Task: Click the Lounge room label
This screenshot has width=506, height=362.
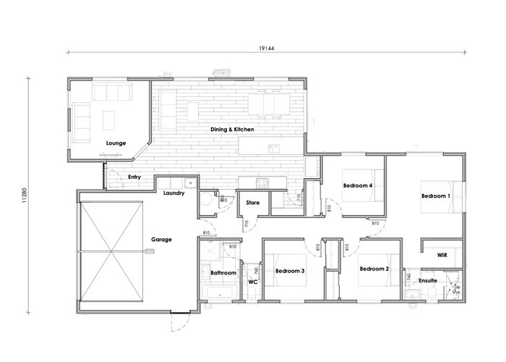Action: coord(116,143)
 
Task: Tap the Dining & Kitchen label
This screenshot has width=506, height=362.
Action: coord(232,130)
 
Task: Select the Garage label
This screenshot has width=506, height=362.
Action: coord(161,239)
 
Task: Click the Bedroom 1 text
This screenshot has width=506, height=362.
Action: coord(436,196)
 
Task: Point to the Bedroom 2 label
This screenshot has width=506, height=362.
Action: coord(375,269)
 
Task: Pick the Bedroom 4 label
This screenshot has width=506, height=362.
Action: coord(358,185)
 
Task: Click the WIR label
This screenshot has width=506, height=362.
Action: coord(442,256)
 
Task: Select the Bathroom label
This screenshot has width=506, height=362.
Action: coord(223,273)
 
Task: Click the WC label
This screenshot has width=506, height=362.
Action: coord(253,280)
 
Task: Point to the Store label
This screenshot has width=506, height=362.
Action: coord(253,203)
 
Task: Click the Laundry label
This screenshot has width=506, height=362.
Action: coord(174,193)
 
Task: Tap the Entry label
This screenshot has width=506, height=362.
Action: coord(134,177)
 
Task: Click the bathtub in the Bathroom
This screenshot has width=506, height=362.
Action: coord(218,292)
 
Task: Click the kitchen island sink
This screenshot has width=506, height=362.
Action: coord(275,148)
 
